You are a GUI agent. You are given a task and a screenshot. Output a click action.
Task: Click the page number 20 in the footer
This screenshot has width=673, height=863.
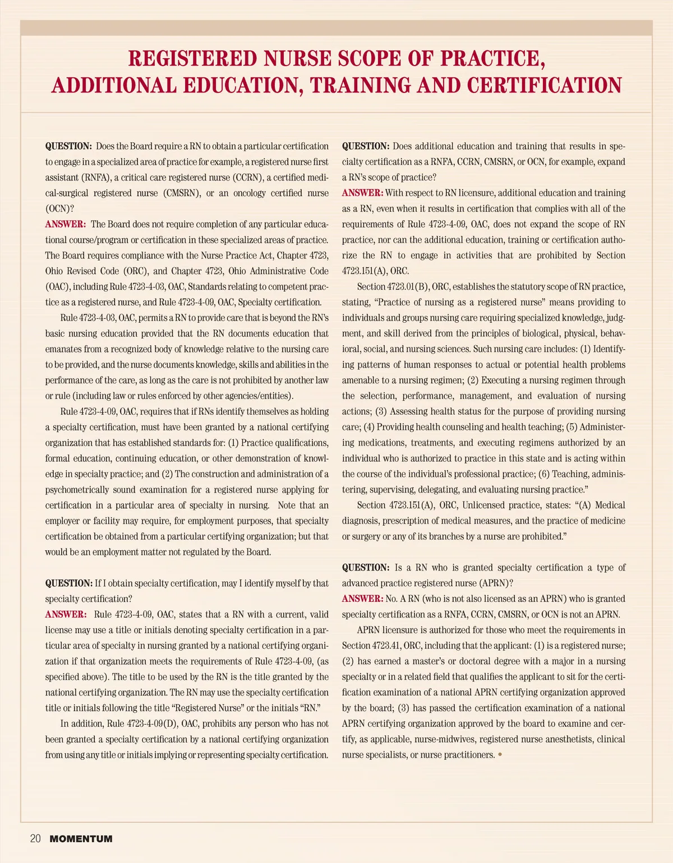tap(35, 839)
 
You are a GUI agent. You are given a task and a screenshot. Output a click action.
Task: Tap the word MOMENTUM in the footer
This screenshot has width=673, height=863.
tap(81, 839)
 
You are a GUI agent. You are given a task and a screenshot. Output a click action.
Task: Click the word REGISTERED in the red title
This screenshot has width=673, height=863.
tap(192, 58)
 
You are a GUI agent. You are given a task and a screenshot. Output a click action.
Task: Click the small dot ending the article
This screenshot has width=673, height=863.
tap(500, 754)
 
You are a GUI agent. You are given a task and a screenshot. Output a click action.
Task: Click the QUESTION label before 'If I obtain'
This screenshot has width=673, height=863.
tap(68, 583)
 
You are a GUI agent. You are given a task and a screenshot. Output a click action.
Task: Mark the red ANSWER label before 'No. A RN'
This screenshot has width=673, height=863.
tap(362, 599)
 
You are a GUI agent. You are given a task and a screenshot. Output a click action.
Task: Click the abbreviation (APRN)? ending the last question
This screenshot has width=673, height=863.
tap(494, 583)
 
